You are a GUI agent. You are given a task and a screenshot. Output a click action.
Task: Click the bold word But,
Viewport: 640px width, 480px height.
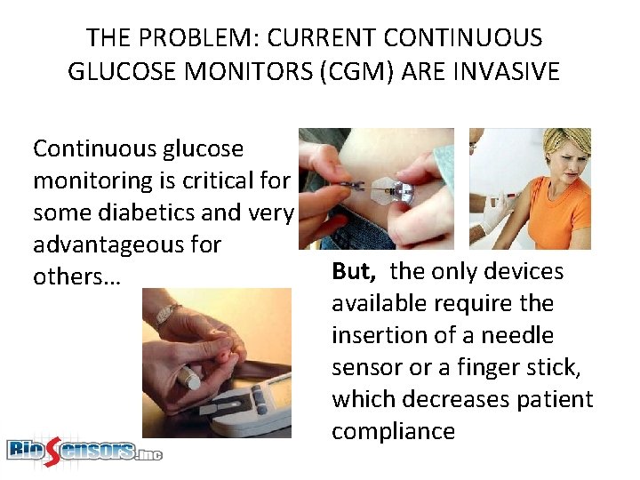click(356, 272)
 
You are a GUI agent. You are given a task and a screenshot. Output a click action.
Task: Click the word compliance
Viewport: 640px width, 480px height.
click(393, 432)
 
